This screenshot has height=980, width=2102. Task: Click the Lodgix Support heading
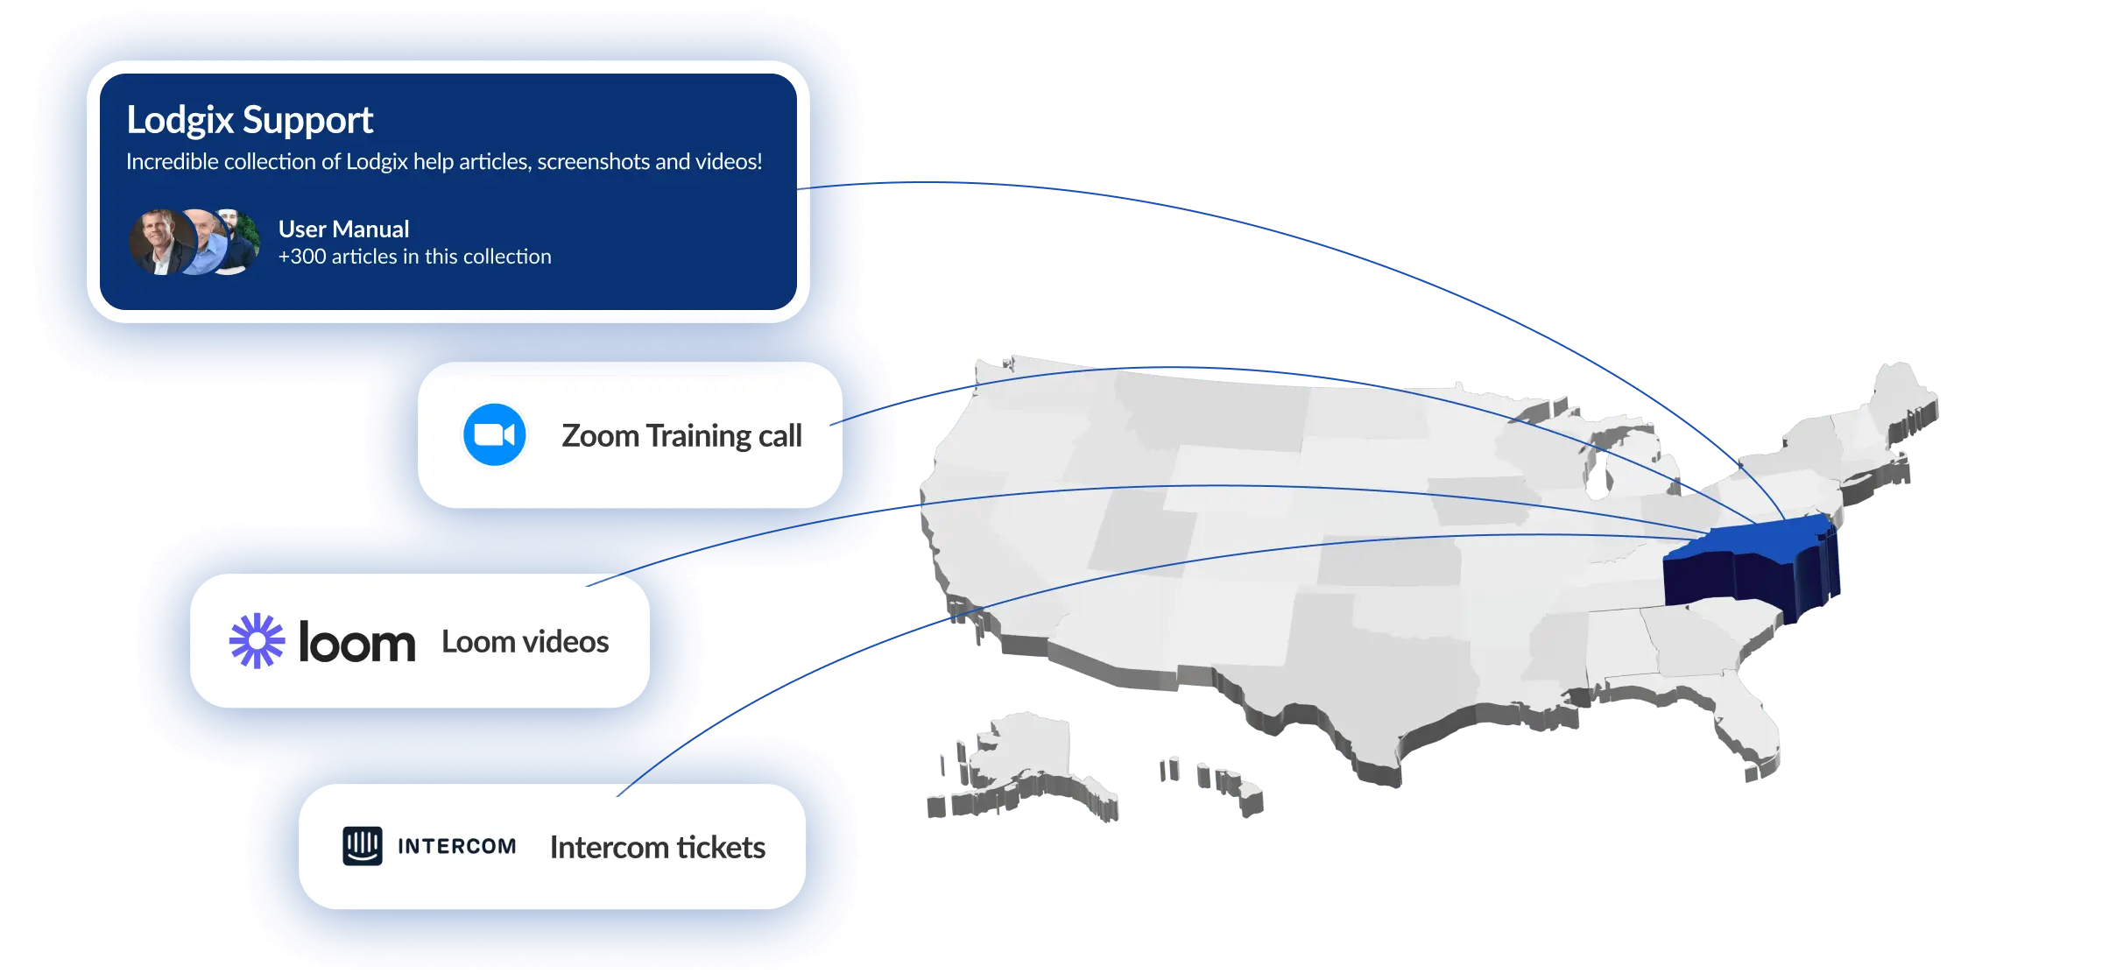pyautogui.click(x=250, y=120)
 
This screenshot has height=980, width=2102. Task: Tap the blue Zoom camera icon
pyautogui.click(x=494, y=434)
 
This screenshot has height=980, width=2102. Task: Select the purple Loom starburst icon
pyautogui.click(x=257, y=641)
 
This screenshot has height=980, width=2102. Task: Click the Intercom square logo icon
pyautogui.click(x=363, y=846)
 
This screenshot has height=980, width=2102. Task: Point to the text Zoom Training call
pyautogui.click(x=681, y=435)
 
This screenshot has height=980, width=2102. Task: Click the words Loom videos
pyautogui.click(x=525, y=642)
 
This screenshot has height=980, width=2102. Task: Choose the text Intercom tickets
pyautogui.click(x=657, y=848)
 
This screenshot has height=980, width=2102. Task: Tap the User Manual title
pyautogui.click(x=343, y=229)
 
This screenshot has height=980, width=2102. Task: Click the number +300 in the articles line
pyautogui.click(x=302, y=257)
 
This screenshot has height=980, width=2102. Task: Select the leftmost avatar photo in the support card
pyautogui.click(x=161, y=243)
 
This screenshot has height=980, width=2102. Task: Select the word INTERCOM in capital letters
pyautogui.click(x=456, y=847)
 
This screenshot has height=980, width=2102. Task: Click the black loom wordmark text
pyautogui.click(x=356, y=643)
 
